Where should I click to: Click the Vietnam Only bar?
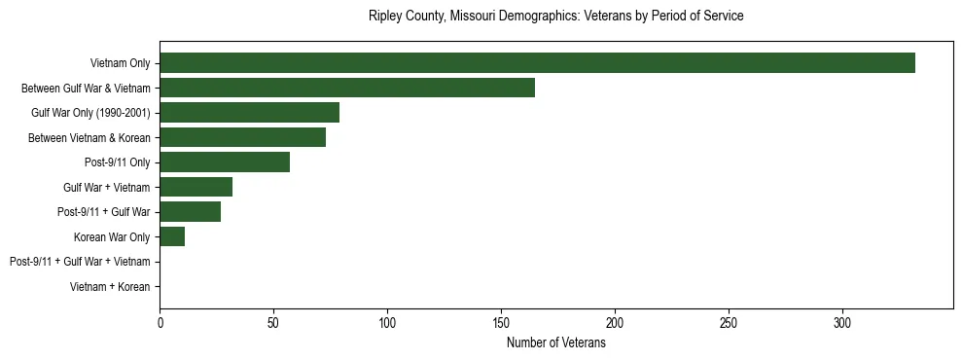[537, 63]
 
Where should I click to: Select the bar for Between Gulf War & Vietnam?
[347, 88]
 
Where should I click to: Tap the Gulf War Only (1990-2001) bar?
[249, 113]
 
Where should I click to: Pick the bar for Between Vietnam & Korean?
[242, 137]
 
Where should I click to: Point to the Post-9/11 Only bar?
[225, 162]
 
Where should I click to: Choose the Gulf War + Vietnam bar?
[196, 187]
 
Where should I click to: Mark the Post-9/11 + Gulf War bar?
[190, 212]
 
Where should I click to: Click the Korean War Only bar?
[172, 236]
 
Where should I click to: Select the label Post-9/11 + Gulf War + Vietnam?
[80, 262]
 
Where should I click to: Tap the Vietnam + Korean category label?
[110, 287]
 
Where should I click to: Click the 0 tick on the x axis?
[160, 322]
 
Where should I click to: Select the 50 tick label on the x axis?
[273, 322]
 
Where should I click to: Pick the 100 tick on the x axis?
[387, 322]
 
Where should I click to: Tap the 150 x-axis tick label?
[501, 322]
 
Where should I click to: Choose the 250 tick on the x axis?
[729, 322]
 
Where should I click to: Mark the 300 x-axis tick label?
[842, 322]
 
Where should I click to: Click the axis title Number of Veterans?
[555, 343]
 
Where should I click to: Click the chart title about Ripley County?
[555, 17]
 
